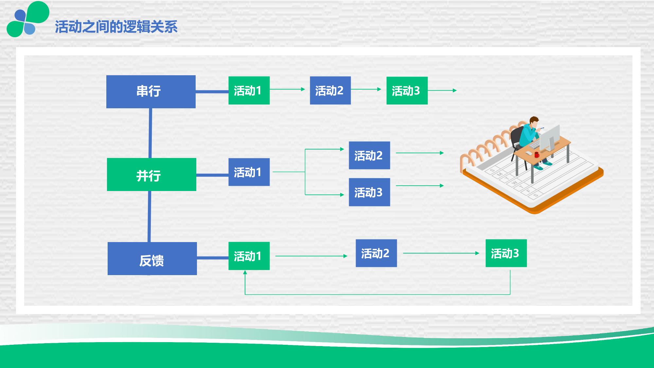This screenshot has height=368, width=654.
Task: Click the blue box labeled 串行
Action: [151, 92]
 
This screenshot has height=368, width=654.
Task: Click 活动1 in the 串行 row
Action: [249, 91]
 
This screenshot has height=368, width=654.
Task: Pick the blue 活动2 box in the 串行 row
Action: [330, 91]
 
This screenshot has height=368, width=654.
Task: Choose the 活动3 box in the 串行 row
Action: [407, 91]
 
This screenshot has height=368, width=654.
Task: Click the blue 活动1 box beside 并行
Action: [249, 172]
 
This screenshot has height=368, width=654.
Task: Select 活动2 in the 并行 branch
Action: [369, 155]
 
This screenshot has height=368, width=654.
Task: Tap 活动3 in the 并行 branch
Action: [369, 192]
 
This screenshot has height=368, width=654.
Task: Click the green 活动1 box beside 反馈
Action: [249, 256]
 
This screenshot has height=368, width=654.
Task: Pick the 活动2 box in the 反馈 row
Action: [376, 253]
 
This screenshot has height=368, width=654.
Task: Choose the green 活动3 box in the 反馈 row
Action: [506, 253]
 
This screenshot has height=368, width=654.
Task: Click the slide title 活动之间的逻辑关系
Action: [116, 27]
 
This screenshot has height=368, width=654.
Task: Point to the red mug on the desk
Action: [537, 154]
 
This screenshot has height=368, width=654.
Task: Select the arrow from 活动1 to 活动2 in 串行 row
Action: [287, 89]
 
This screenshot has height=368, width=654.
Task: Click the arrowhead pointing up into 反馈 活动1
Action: [245, 272]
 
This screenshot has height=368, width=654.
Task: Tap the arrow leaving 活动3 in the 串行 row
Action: [442, 90]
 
